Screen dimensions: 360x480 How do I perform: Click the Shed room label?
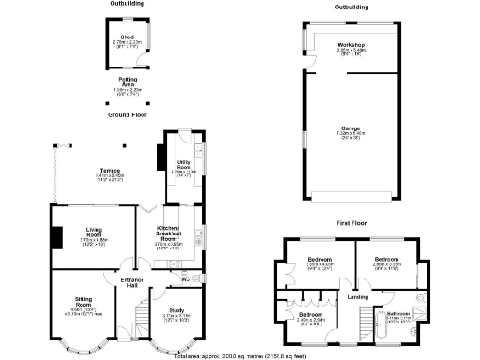pyautogui.click(x=127, y=37)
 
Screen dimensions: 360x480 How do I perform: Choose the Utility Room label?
pyautogui.click(x=180, y=167)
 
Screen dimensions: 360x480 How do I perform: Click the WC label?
pyautogui.click(x=186, y=278)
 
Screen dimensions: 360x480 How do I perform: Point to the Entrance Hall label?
pyautogui.click(x=127, y=283)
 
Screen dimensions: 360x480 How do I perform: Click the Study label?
pyautogui.click(x=176, y=310)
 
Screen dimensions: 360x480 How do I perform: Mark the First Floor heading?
pyautogui.click(x=352, y=225)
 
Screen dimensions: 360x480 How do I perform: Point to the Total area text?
pyautogui.click(x=240, y=355)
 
